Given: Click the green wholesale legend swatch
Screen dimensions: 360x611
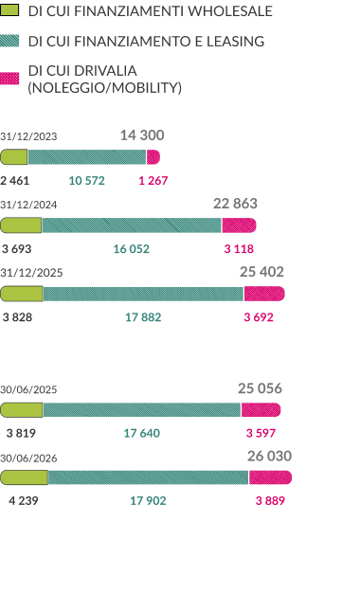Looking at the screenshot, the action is click(x=9, y=10).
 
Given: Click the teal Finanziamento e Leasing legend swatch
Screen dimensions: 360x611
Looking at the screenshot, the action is click(x=9, y=41).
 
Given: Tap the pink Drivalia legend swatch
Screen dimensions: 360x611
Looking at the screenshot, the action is click(x=9, y=79).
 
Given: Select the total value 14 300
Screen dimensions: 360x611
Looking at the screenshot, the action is click(x=142, y=135).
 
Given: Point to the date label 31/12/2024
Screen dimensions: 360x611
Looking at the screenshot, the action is click(x=28, y=205).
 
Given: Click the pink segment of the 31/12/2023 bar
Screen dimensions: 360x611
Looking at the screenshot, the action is click(x=153, y=157).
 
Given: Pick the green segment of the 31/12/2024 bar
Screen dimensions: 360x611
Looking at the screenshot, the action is click(x=21, y=225).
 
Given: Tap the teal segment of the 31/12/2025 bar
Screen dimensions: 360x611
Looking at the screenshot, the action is click(x=143, y=294).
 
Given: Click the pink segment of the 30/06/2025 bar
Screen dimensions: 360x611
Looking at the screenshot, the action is click(x=261, y=410).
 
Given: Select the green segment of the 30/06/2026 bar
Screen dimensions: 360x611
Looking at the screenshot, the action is click(x=24, y=477).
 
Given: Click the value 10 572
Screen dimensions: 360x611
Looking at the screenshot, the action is click(x=87, y=180).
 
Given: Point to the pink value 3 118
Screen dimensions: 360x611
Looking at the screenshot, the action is click(x=239, y=248).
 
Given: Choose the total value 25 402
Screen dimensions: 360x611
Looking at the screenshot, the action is click(x=261, y=272).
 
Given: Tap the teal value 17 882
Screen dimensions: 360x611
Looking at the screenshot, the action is click(x=143, y=317).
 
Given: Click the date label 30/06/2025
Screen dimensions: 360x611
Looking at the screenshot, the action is click(x=28, y=389).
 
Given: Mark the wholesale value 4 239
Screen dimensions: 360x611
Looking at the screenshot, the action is click(x=24, y=500).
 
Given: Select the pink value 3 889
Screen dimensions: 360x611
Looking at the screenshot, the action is click(x=270, y=500).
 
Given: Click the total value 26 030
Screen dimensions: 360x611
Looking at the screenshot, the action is click(x=270, y=456).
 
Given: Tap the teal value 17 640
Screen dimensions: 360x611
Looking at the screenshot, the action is click(x=142, y=433).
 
